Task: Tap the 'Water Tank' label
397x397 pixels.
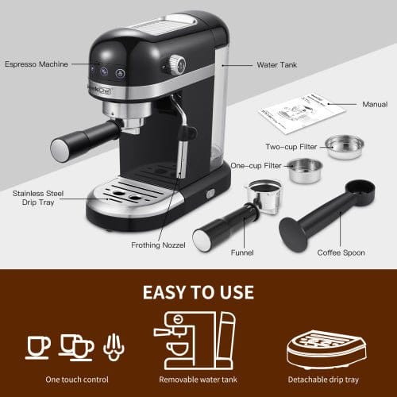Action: click(x=277, y=64)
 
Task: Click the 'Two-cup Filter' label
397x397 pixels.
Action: click(x=291, y=145)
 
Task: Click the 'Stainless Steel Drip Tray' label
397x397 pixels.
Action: click(x=33, y=198)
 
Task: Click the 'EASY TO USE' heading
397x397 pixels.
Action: click(x=198, y=292)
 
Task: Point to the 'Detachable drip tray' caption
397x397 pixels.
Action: click(x=325, y=380)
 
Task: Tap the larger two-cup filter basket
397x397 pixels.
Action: click(x=345, y=145)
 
